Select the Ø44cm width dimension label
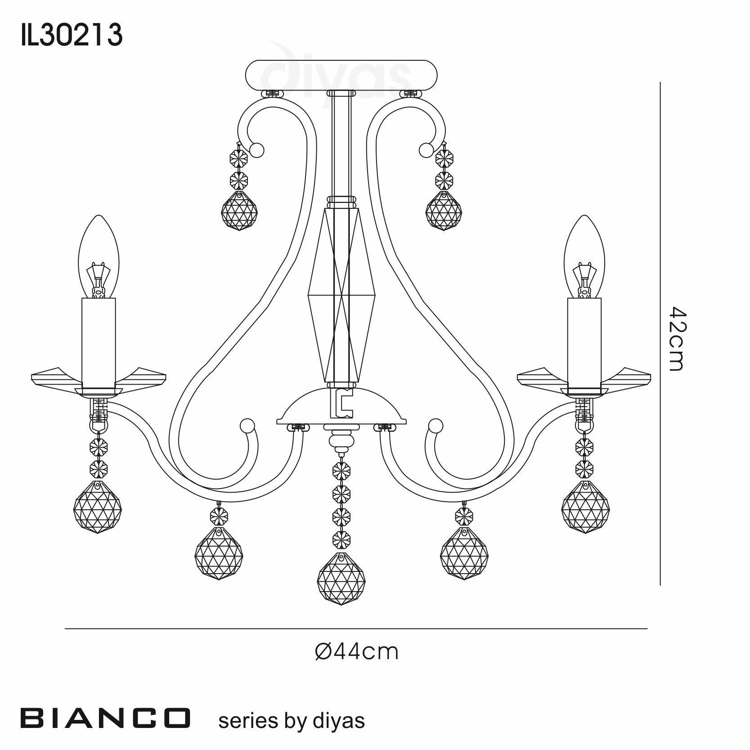point(357,651)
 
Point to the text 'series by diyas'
point(291,721)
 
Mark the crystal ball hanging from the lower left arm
point(218,553)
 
